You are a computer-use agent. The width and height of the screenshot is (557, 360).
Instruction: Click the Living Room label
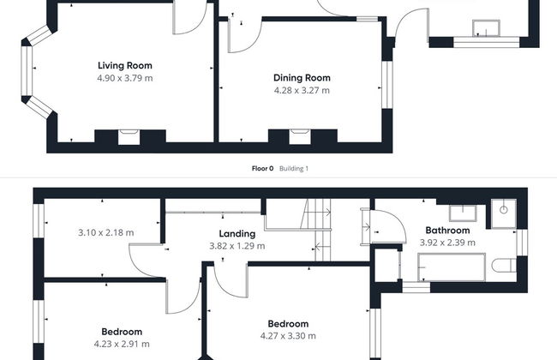point(125,65)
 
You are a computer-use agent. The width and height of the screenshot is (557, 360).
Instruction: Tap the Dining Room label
point(302,78)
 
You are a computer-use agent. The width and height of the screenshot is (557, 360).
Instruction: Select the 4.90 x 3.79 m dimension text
point(125,78)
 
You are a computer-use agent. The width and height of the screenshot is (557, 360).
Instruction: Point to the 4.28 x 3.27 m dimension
point(302,90)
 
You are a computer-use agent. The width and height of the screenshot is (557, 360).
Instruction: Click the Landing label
point(237,234)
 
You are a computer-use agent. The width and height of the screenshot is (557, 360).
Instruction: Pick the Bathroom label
point(447,231)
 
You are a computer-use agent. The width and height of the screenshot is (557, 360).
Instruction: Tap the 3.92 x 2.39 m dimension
point(447,243)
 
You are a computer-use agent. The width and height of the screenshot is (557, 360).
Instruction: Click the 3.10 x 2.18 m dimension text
point(106,233)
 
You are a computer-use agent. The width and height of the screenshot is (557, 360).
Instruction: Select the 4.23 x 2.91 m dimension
point(122,344)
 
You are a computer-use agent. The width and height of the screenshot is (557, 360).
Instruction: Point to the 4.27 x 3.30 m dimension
point(288,336)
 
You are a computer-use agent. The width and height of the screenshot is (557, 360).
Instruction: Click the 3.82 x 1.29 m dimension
point(237,246)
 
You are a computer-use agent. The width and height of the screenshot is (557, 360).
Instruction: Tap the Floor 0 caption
point(262,169)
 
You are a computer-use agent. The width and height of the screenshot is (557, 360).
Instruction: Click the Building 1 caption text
point(294,169)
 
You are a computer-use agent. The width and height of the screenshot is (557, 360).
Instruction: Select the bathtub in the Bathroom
point(452,267)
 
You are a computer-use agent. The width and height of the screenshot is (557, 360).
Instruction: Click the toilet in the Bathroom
point(504,266)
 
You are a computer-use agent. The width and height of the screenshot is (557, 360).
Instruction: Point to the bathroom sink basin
point(463,213)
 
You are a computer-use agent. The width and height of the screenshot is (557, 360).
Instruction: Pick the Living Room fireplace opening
point(129,137)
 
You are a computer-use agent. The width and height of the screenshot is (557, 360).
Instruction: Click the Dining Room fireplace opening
point(300,137)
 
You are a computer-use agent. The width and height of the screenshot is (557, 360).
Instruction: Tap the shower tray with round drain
point(504,213)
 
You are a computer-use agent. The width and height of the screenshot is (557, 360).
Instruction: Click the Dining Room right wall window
point(387,85)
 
